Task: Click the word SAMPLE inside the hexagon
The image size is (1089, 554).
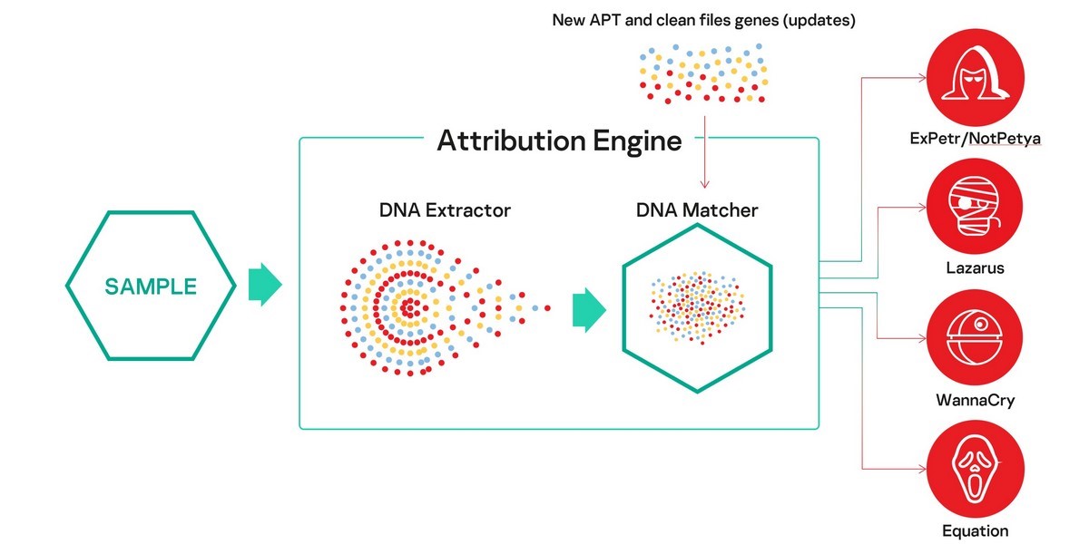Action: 151,287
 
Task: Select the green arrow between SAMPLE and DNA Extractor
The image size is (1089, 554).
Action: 265,285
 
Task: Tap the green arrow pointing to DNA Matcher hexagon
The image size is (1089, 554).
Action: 589,310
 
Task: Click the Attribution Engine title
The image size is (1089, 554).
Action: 559,141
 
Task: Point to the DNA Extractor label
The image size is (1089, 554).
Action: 445,210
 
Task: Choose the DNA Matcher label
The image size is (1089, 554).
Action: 697,210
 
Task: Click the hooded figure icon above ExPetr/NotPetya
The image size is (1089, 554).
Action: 976,77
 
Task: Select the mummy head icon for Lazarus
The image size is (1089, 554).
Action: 975,207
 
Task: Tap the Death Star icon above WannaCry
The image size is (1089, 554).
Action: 975,337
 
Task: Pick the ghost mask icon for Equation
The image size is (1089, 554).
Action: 976,469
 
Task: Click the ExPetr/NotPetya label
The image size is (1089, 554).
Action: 976,139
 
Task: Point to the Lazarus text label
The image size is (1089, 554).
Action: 975,267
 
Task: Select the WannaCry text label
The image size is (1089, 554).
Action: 976,400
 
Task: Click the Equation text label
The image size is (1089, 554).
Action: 976,530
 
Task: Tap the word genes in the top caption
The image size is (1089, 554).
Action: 757,20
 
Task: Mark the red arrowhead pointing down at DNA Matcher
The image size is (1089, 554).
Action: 704,183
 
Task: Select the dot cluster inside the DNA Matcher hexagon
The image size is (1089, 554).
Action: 697,308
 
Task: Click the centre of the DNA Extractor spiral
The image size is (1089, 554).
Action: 409,308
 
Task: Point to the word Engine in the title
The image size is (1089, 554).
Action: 637,141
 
